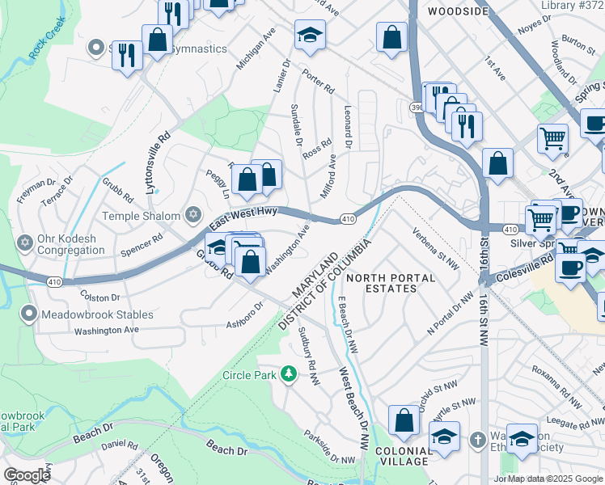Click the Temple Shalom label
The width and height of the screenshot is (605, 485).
coord(141,216)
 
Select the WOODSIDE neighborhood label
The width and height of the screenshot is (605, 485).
coord(458,11)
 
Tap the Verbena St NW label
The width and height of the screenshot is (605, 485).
coord(436,247)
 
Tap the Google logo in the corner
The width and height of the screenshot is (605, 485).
coord(27,475)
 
